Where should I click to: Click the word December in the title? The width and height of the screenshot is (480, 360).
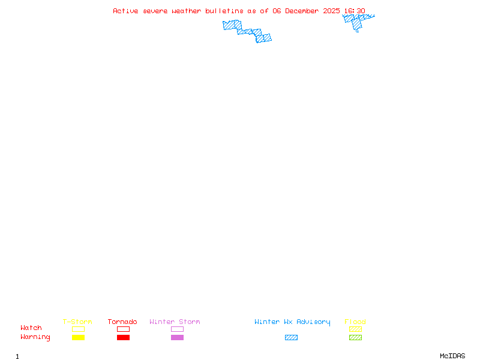coord(302,11)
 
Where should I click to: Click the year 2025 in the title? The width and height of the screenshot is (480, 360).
coord(331,11)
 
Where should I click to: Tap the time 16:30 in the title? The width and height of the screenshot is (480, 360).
coord(355,11)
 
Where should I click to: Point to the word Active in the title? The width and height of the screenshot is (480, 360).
coord(125,11)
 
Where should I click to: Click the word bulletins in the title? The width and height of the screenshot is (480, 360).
coord(224,11)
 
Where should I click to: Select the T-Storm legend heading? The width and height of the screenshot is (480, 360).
coord(77,322)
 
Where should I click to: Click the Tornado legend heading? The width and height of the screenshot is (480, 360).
coord(122,322)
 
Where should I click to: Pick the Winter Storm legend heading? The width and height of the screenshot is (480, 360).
coord(175,322)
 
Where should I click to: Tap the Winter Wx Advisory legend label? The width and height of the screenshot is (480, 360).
coord(292,322)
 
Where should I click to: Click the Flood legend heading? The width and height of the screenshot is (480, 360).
coord(355,322)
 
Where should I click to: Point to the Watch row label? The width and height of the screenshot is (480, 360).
coord(31,328)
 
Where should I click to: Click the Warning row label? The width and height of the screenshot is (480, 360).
coord(35,337)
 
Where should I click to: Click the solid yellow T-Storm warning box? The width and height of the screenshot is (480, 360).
coord(79,337)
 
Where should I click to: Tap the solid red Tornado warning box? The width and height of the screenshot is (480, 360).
coord(124,337)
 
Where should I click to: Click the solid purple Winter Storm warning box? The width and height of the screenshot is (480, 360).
coord(177,337)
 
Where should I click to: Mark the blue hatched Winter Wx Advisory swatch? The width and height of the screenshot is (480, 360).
coord(291,337)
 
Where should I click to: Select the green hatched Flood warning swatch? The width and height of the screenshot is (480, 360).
coord(355,337)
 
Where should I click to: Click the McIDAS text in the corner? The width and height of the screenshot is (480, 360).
coord(452,356)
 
